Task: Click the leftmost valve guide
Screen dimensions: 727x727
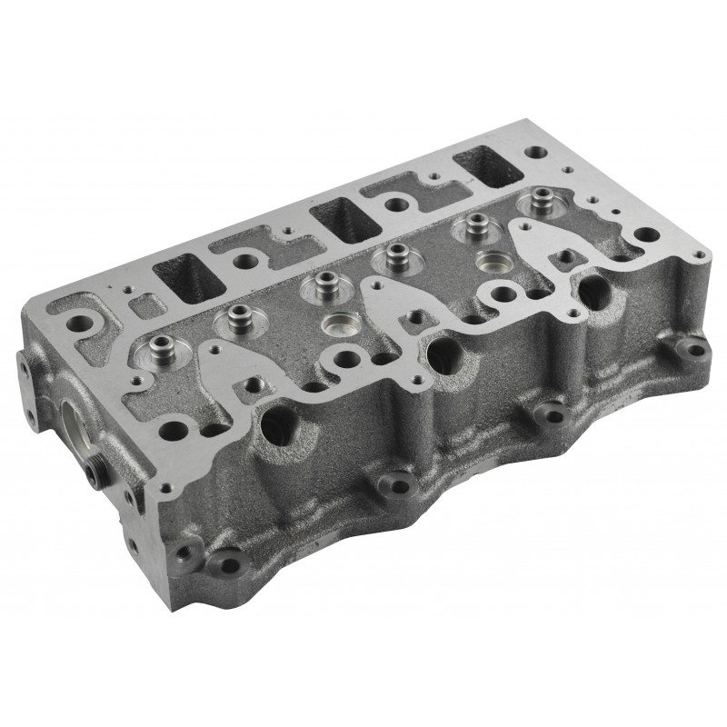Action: click(x=160, y=345)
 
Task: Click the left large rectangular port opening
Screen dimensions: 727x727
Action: click(x=188, y=275)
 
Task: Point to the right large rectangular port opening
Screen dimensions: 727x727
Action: click(x=488, y=164)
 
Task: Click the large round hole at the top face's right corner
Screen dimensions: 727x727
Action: click(x=646, y=235)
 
